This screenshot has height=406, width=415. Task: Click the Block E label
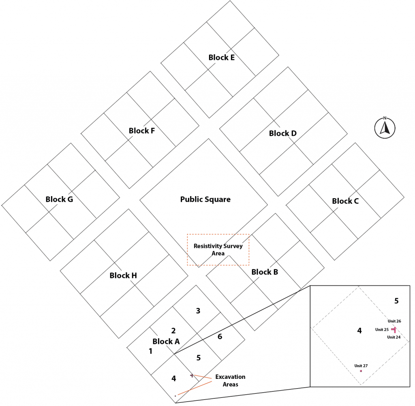pyautogui.click(x=221, y=58)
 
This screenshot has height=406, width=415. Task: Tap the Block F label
pyautogui.click(x=142, y=131)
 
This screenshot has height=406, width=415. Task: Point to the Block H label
pyautogui.click(x=123, y=276)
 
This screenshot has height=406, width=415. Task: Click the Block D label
pyautogui.click(x=283, y=133)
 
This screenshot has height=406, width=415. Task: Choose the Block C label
pyautogui.click(x=345, y=201)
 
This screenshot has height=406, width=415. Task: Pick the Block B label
pyautogui.click(x=265, y=272)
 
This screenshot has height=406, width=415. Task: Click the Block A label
pyautogui.click(x=166, y=342)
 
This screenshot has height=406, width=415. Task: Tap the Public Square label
pyautogui.click(x=205, y=199)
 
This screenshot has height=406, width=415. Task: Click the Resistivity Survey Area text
pyautogui.click(x=218, y=250)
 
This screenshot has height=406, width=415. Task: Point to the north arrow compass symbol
pyautogui.click(x=385, y=127)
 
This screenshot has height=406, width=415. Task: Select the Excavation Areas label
pyautogui.click(x=230, y=380)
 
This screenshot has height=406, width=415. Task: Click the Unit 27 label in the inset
pyautogui.click(x=361, y=365)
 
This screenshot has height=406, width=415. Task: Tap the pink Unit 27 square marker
pyautogui.click(x=361, y=371)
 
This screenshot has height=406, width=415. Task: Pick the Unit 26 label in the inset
pyautogui.click(x=394, y=321)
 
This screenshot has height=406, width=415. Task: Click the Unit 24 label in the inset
pyautogui.click(x=394, y=337)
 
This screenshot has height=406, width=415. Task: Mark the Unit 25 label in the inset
pyautogui.click(x=382, y=329)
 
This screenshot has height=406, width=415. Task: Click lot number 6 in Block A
pyautogui.click(x=220, y=336)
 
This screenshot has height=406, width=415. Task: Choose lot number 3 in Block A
pyautogui.click(x=198, y=311)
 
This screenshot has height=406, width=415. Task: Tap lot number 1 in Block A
pyautogui.click(x=150, y=351)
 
